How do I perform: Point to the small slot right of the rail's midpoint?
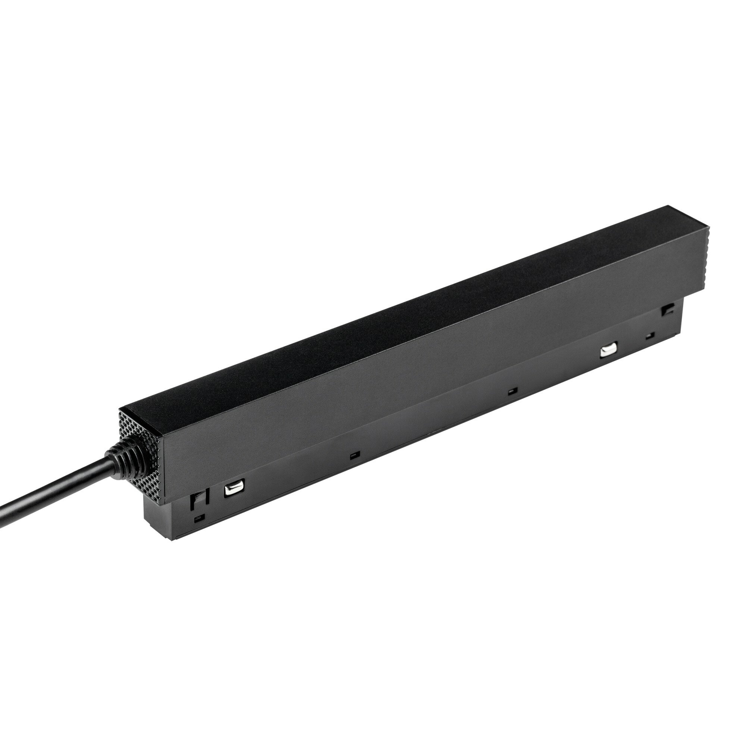512,392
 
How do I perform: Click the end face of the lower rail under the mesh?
162,514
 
